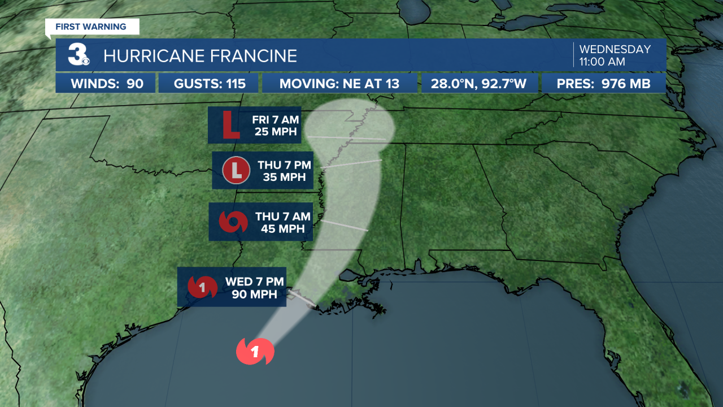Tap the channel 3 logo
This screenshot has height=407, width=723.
79,55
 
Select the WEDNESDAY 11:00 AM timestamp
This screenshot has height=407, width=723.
615,55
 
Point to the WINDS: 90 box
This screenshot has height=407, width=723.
106,84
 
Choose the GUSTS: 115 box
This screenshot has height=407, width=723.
209,84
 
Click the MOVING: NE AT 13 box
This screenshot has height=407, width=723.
339,84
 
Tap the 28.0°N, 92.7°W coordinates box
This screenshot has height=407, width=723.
478,84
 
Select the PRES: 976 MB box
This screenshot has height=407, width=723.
603,84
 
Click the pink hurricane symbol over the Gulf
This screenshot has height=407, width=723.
255,352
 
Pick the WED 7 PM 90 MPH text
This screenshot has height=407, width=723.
255,288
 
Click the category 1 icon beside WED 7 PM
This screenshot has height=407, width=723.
202,287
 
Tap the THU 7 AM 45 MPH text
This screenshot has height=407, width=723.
282,223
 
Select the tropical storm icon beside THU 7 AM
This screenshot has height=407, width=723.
233,222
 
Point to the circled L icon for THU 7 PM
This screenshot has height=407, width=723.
236,170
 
